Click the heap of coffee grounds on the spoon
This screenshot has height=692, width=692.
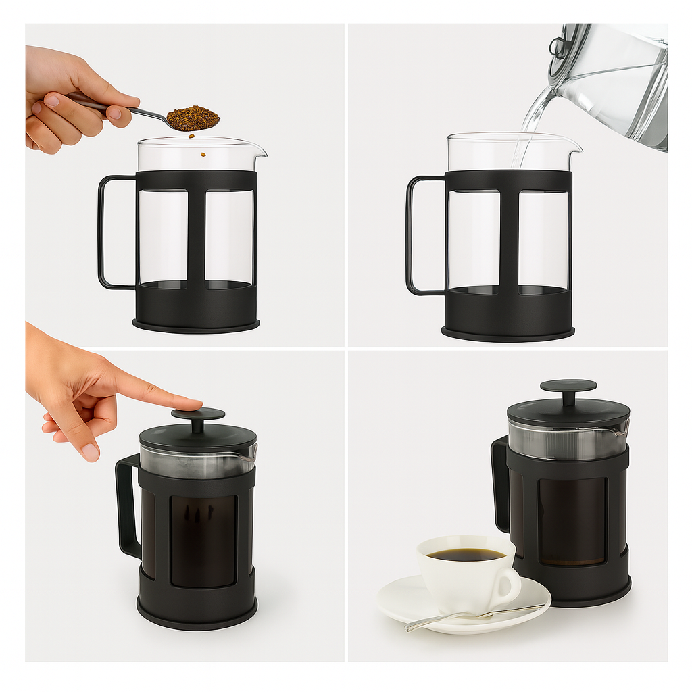pos(193,118)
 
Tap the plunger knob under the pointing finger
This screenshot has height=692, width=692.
pos(197,414)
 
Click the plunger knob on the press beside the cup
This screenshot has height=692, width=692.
pos(568,386)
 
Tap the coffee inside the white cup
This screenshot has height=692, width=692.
pos(466,554)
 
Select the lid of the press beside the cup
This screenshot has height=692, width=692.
pos(568,412)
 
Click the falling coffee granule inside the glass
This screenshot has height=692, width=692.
pos(201,155)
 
